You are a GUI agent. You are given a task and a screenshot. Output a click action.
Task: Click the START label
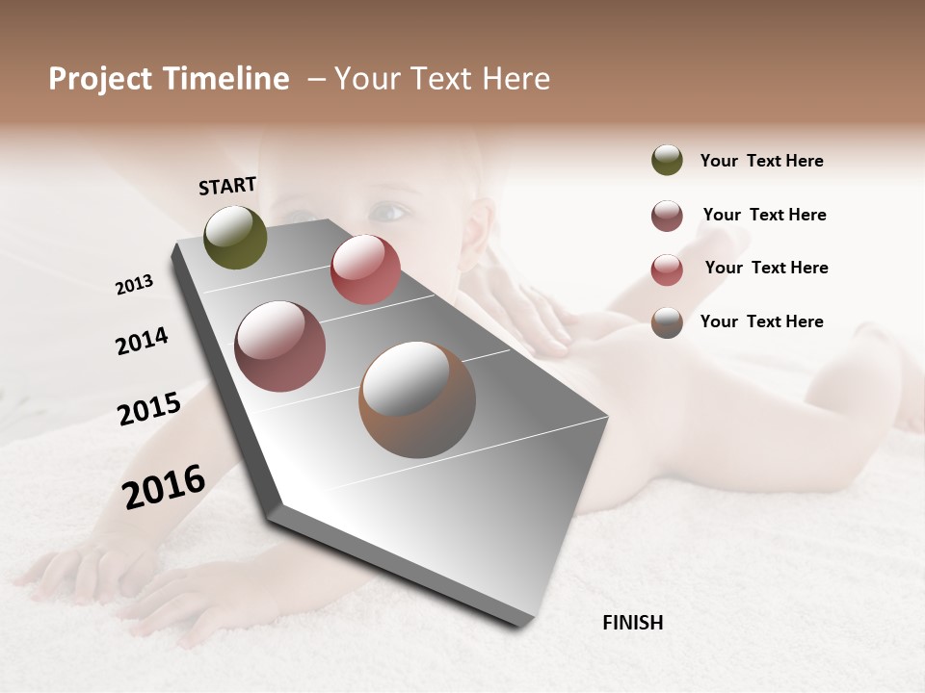[x=227, y=186]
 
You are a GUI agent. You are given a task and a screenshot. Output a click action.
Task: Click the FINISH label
[x=632, y=623]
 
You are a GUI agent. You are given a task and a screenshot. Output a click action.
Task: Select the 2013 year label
[x=134, y=285]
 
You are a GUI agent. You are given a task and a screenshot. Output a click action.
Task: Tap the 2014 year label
[x=142, y=341]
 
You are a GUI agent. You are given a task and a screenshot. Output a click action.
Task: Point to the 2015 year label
[x=149, y=409]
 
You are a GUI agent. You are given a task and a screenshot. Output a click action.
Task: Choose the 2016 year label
[x=164, y=486]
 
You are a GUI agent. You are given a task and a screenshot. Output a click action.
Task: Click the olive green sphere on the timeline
[x=236, y=237]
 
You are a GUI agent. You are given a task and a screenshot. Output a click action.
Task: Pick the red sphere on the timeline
[x=365, y=269]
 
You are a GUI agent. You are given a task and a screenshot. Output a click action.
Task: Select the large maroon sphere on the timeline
[x=280, y=346]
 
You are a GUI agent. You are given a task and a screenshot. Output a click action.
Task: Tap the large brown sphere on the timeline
[x=417, y=399]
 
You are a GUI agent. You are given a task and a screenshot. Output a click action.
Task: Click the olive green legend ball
[x=667, y=161]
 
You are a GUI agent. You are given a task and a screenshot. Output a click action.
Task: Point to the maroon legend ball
[x=667, y=216]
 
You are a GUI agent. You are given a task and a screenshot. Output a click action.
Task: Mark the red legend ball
[x=667, y=269]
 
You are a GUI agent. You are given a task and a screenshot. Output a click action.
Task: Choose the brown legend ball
[x=667, y=322]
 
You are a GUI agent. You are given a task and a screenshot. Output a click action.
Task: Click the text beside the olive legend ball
[x=761, y=161]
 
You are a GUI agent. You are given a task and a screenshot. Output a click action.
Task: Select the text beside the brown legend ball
[x=761, y=321]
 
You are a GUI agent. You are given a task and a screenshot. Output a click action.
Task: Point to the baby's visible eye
[x=388, y=210]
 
